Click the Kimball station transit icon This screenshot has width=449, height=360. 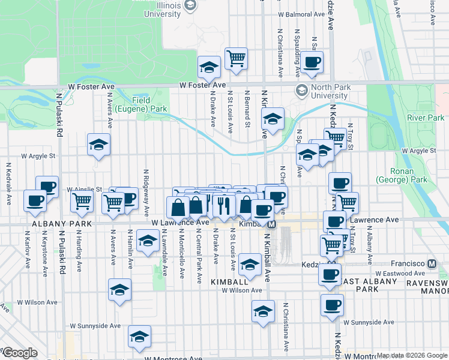(271, 224)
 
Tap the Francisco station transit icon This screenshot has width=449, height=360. (432, 264)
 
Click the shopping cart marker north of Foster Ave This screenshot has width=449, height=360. (237, 58)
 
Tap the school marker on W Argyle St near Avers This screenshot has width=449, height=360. (98, 144)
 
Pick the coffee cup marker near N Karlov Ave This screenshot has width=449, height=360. (35, 200)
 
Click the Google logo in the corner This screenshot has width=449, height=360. (20, 353)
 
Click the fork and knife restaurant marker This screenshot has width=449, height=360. (223, 205)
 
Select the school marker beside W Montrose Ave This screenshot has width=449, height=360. (139, 337)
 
